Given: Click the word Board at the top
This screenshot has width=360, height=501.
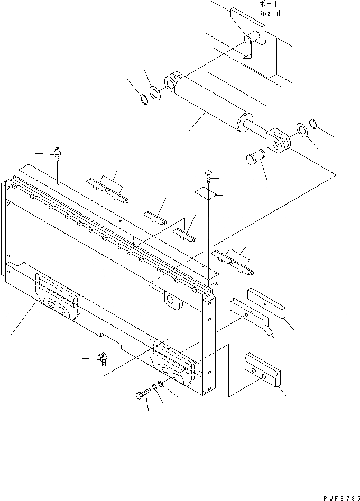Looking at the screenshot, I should [x=269, y=13].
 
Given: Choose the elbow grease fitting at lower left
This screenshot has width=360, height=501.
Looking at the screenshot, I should [x=102, y=360].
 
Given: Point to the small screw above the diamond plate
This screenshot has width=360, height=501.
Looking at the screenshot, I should [x=209, y=175].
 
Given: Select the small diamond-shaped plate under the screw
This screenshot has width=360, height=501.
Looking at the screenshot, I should [x=206, y=193].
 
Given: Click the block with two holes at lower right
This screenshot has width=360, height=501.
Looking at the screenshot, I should [x=263, y=371].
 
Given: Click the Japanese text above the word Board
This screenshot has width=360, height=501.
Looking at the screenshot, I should [x=269, y=5].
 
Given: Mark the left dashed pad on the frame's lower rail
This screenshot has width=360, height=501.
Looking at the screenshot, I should [x=58, y=296].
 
